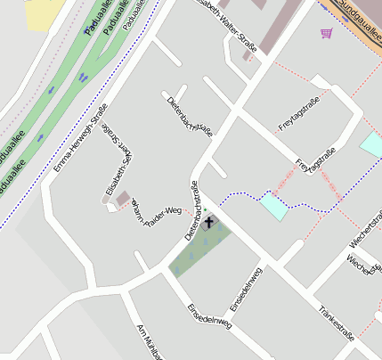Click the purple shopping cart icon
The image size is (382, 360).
point(326,33)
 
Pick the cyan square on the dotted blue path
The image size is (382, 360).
point(274,206)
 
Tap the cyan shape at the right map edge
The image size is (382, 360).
point(371,143)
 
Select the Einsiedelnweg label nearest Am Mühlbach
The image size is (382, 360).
point(209,317)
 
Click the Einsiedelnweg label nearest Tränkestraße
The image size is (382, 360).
point(246,289)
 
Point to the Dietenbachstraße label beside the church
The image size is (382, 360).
point(191,211)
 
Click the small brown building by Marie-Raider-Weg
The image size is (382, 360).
point(122,198)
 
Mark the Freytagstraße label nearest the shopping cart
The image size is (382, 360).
point(298,117)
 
